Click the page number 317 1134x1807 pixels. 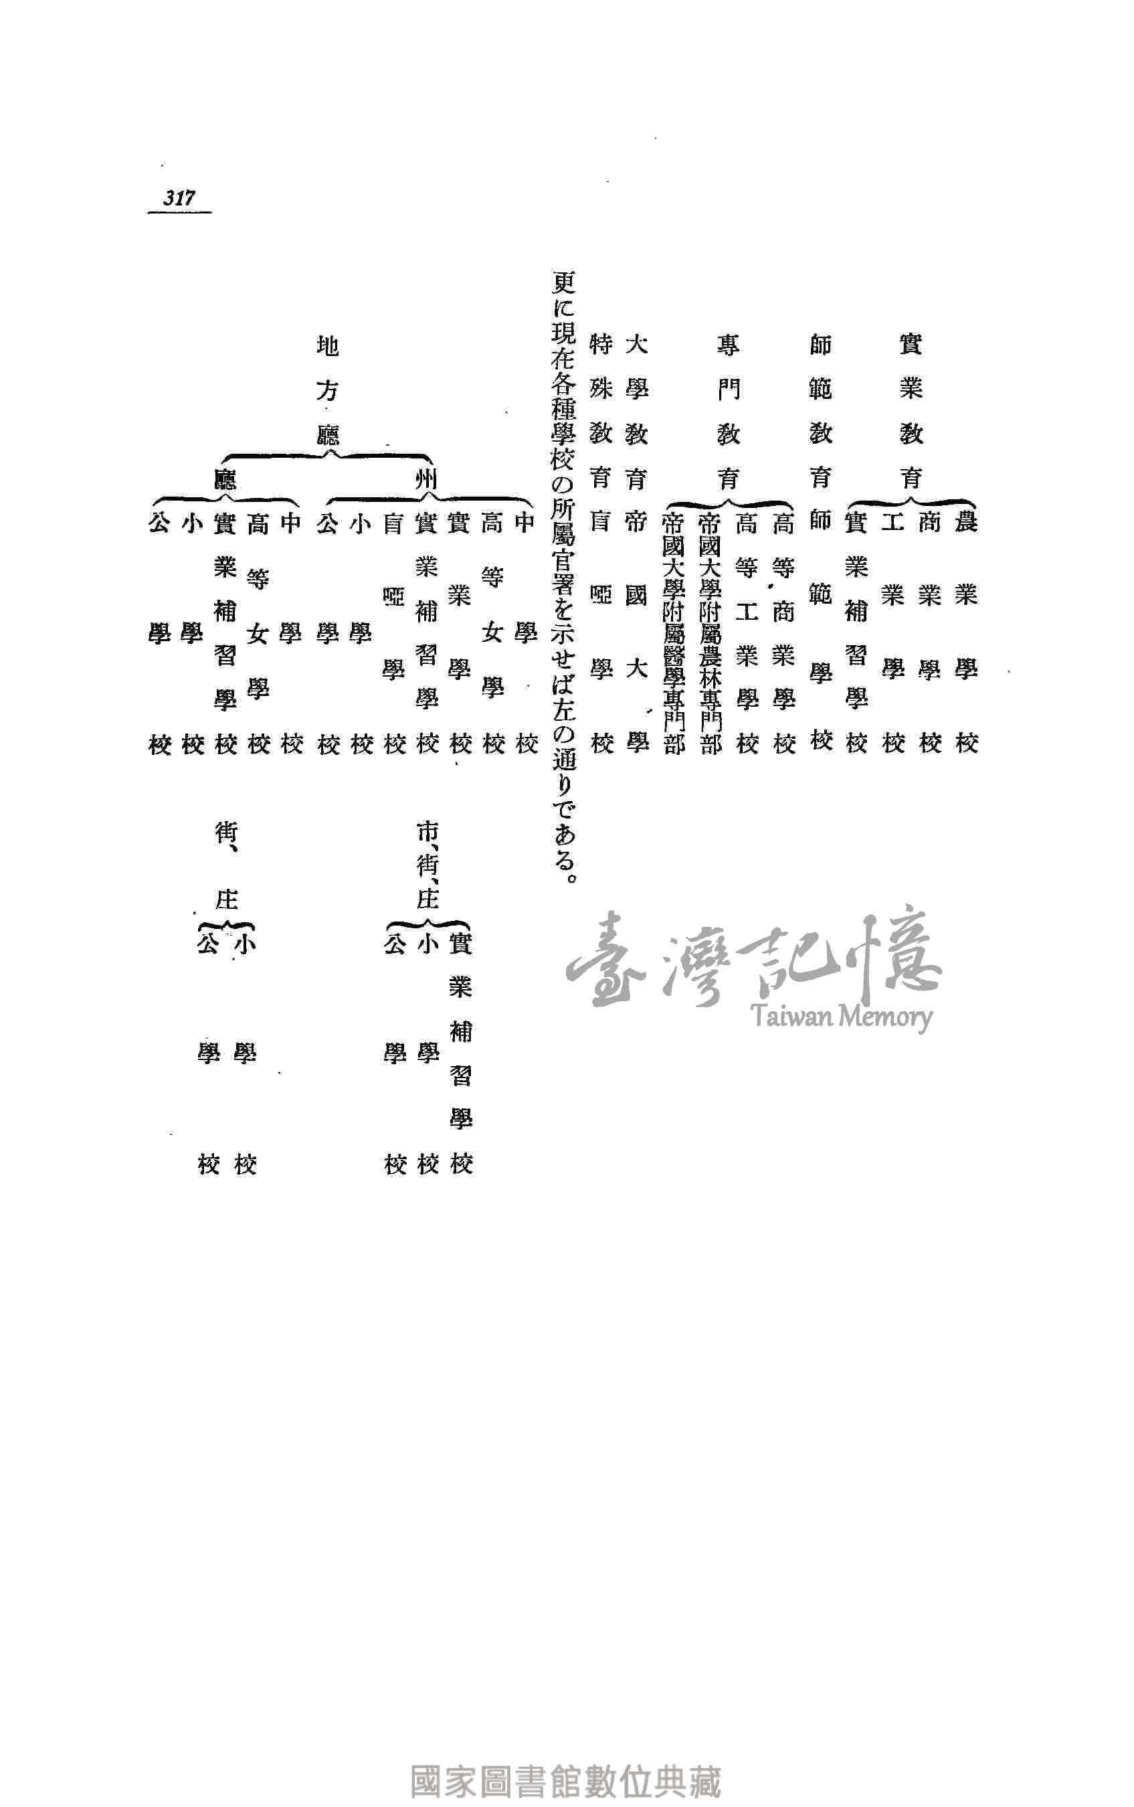click(x=179, y=198)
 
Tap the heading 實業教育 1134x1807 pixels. click(x=911, y=411)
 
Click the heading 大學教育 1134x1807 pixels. click(x=636, y=411)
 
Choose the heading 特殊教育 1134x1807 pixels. click(x=601, y=411)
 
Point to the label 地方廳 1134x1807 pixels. click(x=328, y=390)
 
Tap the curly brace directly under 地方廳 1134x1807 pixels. click(x=328, y=455)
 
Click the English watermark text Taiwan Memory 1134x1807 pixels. click(x=840, y=1017)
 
